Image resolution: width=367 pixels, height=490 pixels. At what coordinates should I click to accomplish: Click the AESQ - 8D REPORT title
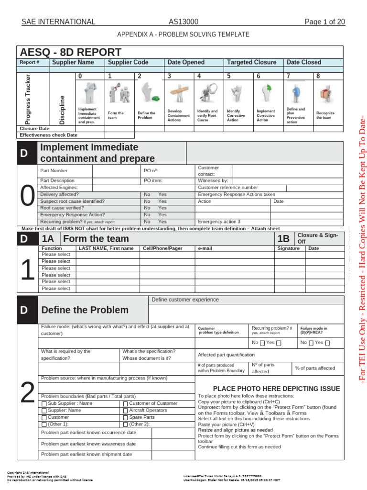click(x=70, y=52)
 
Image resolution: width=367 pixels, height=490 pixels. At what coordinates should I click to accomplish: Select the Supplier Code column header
click(x=128, y=62)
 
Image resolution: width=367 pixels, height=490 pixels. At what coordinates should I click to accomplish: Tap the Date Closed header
click(x=303, y=62)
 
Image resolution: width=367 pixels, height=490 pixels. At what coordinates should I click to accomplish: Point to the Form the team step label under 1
click(x=116, y=115)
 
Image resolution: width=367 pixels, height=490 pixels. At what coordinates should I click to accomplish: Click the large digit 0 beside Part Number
click(x=28, y=196)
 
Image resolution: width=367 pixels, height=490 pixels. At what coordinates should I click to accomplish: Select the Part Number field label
click(x=54, y=170)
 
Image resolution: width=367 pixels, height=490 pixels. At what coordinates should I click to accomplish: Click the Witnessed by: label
click(x=213, y=181)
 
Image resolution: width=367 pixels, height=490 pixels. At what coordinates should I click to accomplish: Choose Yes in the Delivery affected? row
click(x=162, y=195)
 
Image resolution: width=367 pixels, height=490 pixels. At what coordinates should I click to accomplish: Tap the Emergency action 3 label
click(x=219, y=222)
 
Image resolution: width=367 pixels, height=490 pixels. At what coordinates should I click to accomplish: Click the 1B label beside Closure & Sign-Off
click(x=283, y=239)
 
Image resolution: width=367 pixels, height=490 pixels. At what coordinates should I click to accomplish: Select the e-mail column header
click(x=204, y=249)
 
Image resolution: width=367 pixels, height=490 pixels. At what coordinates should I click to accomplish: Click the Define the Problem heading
click(x=85, y=310)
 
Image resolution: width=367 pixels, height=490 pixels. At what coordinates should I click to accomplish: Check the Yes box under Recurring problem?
click(x=279, y=343)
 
